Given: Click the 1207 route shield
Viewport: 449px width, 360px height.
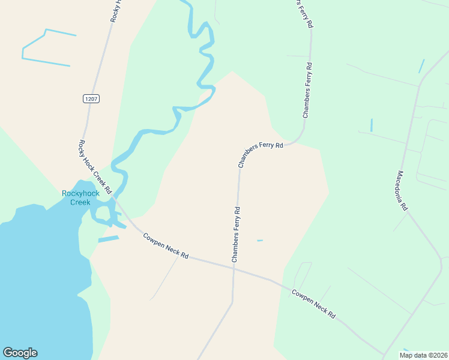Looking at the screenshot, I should pyautogui.click(x=91, y=98).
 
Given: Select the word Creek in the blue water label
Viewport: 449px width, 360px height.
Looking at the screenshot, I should pyautogui.click(x=80, y=202).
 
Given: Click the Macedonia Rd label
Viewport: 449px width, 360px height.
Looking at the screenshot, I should pyautogui.click(x=402, y=190).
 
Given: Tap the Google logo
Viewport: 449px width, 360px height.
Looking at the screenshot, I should pyautogui.click(x=20, y=353).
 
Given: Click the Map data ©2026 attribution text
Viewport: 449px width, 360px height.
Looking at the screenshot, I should pyautogui.click(x=423, y=355).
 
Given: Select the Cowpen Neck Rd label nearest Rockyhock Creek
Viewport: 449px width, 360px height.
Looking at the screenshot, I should pyautogui.click(x=166, y=246).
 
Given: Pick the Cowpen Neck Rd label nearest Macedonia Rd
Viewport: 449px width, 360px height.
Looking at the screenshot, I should pyautogui.click(x=313, y=304).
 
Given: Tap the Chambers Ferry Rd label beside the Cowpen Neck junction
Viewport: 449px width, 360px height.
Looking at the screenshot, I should pyautogui.click(x=236, y=234).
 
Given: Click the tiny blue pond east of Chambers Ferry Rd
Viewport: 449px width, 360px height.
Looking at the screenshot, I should pyautogui.click(x=260, y=241).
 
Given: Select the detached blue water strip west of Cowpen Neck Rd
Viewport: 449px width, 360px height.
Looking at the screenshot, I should pyautogui.click(x=108, y=239).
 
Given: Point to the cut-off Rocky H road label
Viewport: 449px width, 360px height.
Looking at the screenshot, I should pyautogui.click(x=116, y=11).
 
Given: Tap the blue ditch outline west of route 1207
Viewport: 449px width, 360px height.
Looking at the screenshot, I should pyautogui.click(x=46, y=48).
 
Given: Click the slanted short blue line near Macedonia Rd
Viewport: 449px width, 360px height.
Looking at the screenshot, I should pyautogui.click(x=421, y=66).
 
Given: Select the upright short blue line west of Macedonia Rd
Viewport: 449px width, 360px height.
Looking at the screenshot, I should pyautogui.click(x=372, y=125).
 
